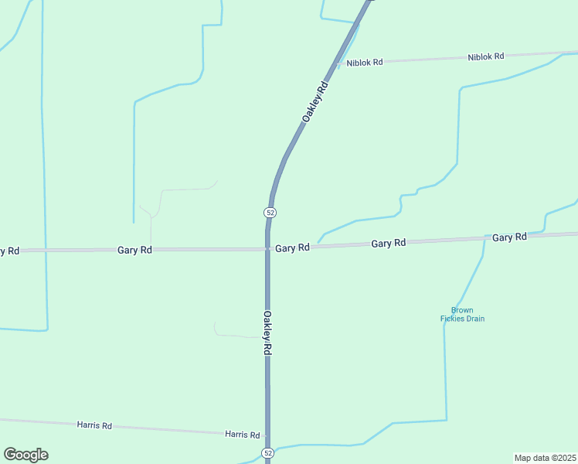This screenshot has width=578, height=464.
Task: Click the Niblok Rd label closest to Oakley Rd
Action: [x=365, y=63]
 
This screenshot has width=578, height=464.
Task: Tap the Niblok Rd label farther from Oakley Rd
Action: [x=485, y=56]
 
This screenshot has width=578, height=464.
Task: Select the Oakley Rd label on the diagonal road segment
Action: [x=315, y=101]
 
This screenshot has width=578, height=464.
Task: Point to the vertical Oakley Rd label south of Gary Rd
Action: [x=267, y=333]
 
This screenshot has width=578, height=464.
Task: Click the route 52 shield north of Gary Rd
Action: [x=270, y=212]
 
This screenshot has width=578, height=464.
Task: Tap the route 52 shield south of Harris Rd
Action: [x=267, y=452]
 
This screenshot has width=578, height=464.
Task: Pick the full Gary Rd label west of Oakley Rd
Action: [x=134, y=250]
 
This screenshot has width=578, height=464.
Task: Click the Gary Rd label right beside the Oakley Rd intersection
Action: [x=292, y=247]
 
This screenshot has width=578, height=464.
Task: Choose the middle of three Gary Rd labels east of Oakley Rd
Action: [x=388, y=243]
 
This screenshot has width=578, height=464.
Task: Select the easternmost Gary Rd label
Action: [x=509, y=237]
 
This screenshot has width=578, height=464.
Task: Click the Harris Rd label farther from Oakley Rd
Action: [x=94, y=425]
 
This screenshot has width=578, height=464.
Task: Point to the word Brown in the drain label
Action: [x=462, y=310]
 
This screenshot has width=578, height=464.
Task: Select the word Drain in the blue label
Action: [x=475, y=319]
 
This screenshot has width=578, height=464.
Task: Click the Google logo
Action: [x=25, y=455]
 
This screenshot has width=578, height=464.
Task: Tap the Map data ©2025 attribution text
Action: [x=546, y=457]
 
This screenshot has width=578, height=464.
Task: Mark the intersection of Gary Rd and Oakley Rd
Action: [x=267, y=248]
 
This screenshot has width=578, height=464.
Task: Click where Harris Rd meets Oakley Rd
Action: [x=267, y=435]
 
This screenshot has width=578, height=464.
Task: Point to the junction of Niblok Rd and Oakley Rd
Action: [x=338, y=63]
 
